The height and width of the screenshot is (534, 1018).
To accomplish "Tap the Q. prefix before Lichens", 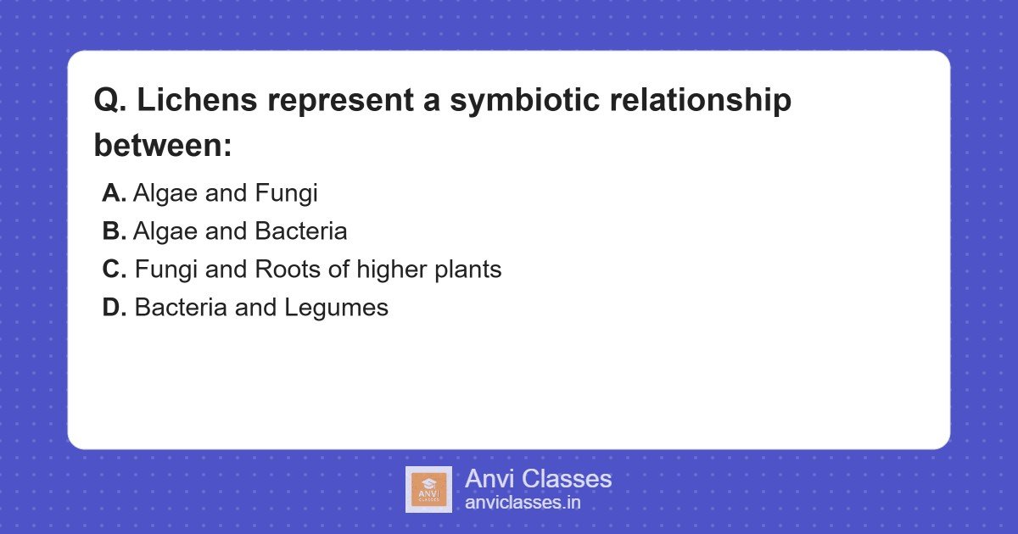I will [110, 101].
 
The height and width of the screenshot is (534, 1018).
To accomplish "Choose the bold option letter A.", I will [114, 193].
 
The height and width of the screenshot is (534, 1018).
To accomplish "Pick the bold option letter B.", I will [114, 231].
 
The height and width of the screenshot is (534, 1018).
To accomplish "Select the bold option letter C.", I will [115, 270].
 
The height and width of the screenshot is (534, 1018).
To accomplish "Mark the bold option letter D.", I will [115, 308].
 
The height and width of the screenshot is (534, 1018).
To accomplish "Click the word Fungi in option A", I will [286, 193].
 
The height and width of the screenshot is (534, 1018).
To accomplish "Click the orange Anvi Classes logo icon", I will [428, 490].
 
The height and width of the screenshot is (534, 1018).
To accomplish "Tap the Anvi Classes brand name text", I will [538, 479].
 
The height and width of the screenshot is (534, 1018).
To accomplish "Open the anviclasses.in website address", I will [523, 503].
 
